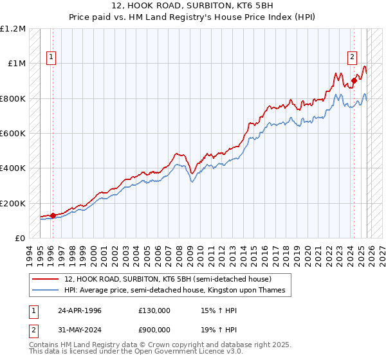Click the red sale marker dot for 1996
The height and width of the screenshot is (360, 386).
(53, 215)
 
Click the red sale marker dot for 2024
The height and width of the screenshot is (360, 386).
(354, 81)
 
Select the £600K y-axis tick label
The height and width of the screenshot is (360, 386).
(13, 134)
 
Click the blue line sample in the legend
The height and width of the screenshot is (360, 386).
(45, 291)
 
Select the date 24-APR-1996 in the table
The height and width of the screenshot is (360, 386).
(80, 310)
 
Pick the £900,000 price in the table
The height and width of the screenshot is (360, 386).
(154, 331)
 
